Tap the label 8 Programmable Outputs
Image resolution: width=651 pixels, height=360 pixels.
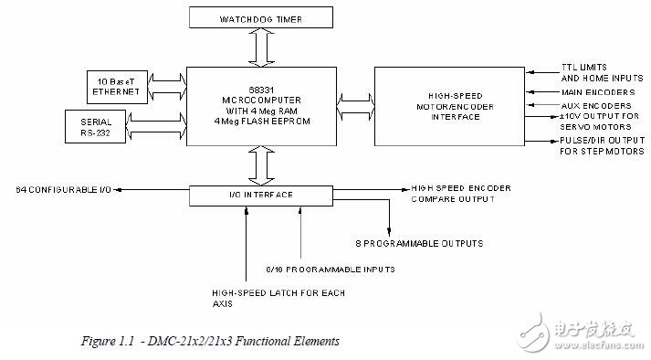point(419,243)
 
